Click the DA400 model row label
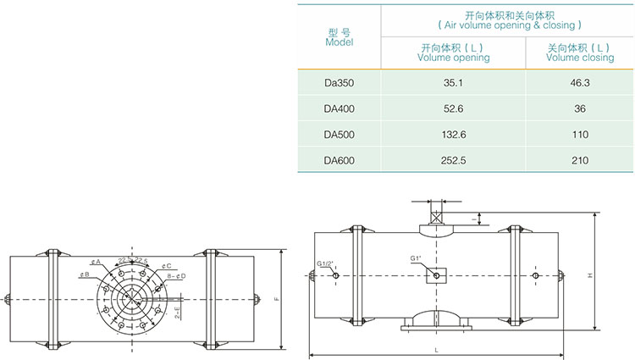pos(339,108)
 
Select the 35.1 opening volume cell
pos(454,83)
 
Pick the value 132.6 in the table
pos(454,134)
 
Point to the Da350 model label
pos(339,83)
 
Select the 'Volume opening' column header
pos(454,58)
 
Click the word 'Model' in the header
pos(339,42)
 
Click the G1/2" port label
pos(325,263)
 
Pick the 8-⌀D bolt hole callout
pos(176,275)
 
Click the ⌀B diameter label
pos(85,275)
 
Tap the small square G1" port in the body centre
pos(434,274)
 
